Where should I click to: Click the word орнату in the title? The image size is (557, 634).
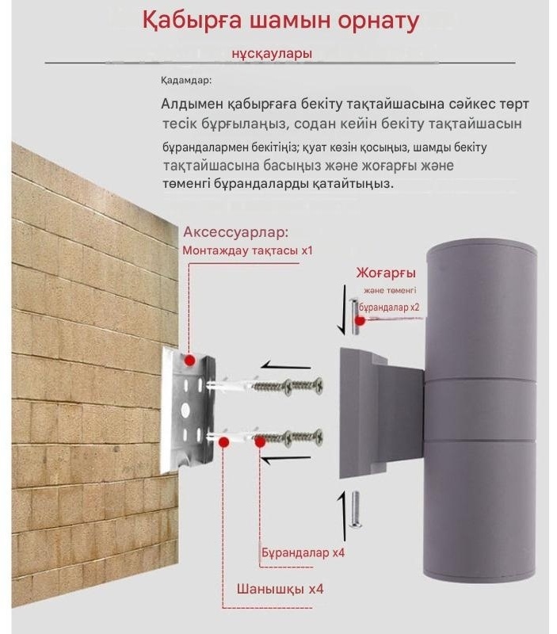point(378,21)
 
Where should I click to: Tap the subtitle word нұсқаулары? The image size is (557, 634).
point(272,54)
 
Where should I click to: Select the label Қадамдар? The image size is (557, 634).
point(186,81)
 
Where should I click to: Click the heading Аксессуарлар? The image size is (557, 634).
point(236,232)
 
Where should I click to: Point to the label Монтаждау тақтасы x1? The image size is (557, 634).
point(248,250)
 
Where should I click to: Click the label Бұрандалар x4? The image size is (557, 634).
point(303,552)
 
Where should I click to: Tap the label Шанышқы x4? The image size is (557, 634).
point(280,589)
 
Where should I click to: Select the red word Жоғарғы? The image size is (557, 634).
point(386,273)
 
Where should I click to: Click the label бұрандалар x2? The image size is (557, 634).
point(389,307)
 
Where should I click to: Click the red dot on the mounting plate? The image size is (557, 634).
point(189,361)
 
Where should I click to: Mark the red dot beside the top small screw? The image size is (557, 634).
point(361,321)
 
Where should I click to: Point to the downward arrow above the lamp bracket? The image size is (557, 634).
point(343,309)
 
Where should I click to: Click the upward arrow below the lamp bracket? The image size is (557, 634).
point(342,517)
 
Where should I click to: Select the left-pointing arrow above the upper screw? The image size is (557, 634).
point(286,366)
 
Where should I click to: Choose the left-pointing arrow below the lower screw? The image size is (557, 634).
point(286,460)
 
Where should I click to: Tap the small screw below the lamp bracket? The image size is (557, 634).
point(355,510)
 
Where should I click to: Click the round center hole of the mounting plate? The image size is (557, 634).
point(186,410)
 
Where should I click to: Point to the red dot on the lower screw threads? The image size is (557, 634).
point(261,442)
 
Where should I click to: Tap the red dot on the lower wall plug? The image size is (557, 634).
point(223,441)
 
